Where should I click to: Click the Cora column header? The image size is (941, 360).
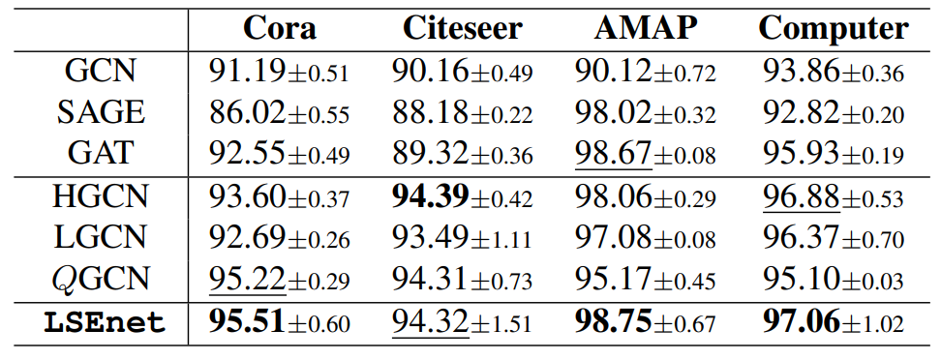tap(280, 27)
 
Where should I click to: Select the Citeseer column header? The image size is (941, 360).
tap(463, 27)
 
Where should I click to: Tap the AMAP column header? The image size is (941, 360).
tap(646, 27)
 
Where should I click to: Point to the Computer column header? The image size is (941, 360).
tap(834, 27)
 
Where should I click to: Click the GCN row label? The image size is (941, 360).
tap(101, 71)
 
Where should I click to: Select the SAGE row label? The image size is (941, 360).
tap(101, 112)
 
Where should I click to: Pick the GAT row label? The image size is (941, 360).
tap(101, 154)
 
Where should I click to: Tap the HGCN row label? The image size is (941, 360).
tap(101, 197)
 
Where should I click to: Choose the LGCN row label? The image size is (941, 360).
tap(101, 238)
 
